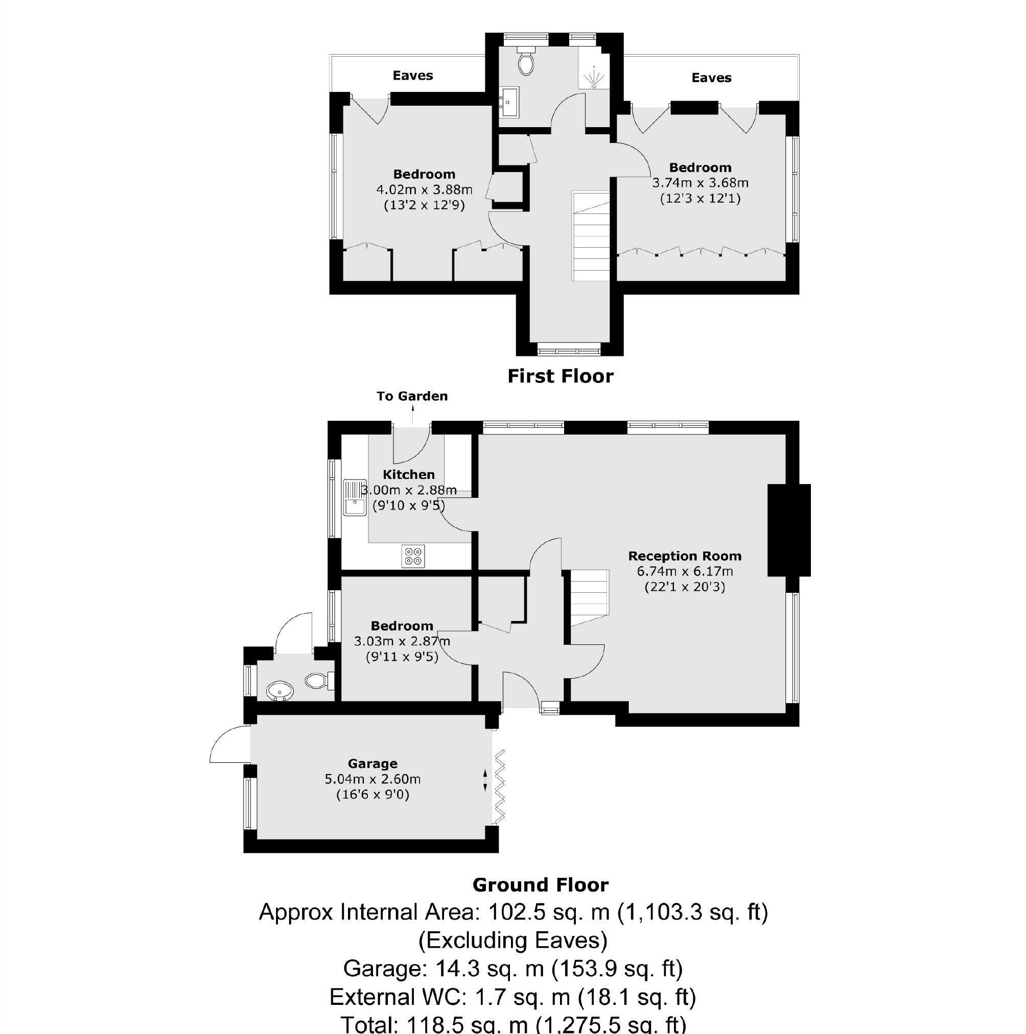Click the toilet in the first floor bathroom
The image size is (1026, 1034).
526,62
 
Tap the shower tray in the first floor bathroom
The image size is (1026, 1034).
593,70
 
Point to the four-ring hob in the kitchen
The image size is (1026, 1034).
413,556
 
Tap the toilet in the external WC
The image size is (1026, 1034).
318,681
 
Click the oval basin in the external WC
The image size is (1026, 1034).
280,691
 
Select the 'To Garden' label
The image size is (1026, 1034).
412,396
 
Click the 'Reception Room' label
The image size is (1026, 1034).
684,556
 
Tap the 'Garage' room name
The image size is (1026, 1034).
372,764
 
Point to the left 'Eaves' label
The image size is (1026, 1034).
412,76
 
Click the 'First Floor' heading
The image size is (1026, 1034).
560,376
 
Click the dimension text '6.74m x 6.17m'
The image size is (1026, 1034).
684,571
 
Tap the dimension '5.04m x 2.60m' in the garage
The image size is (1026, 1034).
372,779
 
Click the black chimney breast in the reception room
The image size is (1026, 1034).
788,530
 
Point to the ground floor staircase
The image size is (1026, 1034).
589,597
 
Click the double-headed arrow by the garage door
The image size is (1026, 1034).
485,780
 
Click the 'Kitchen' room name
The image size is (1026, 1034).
409,475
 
